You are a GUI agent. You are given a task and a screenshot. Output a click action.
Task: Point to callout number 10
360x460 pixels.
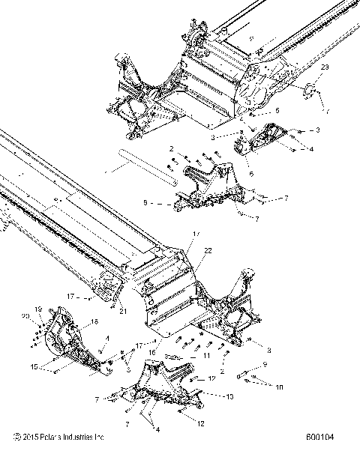(x=279, y=387)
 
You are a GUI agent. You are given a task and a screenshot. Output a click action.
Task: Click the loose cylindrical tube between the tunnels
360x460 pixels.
(x=146, y=178)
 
